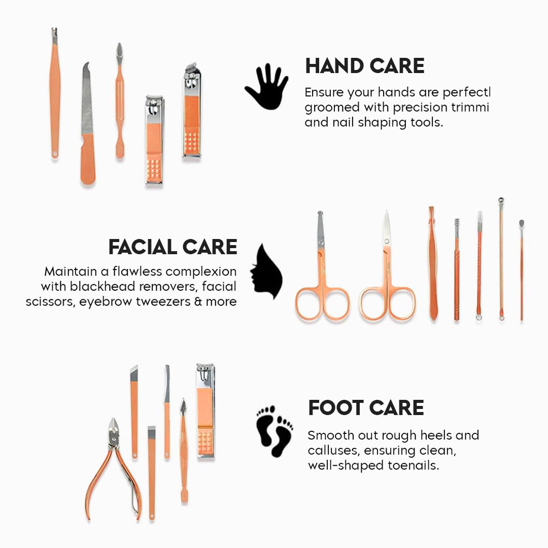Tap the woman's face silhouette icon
pyautogui.click(x=267, y=271)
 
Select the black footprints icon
pyautogui.click(x=275, y=431)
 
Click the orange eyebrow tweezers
pyautogui.click(x=432, y=264)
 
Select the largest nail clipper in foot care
pyautogui.click(x=205, y=411)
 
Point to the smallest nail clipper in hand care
pyautogui.click(x=154, y=140)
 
